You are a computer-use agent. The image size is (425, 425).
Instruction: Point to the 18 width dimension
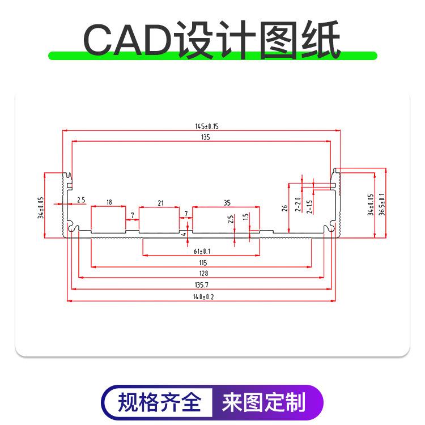click(109, 202)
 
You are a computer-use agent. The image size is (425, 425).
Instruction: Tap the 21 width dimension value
click(161, 202)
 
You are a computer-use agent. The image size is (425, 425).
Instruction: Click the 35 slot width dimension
click(227, 202)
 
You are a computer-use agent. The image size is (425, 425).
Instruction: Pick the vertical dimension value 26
click(284, 208)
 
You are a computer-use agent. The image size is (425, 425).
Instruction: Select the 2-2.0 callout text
click(297, 203)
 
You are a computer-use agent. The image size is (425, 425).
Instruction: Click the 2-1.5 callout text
click(309, 206)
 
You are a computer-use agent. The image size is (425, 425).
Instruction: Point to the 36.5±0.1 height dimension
click(381, 204)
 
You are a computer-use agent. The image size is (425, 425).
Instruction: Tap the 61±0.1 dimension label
click(202, 251)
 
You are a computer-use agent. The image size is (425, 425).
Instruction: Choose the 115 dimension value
click(203, 262)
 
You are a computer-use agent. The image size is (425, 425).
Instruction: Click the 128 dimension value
click(203, 274)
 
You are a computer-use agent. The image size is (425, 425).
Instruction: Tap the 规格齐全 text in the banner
click(159, 403)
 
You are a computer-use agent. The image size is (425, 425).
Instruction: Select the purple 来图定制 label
click(264, 403)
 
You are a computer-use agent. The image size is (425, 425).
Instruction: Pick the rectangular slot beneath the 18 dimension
click(108, 220)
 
